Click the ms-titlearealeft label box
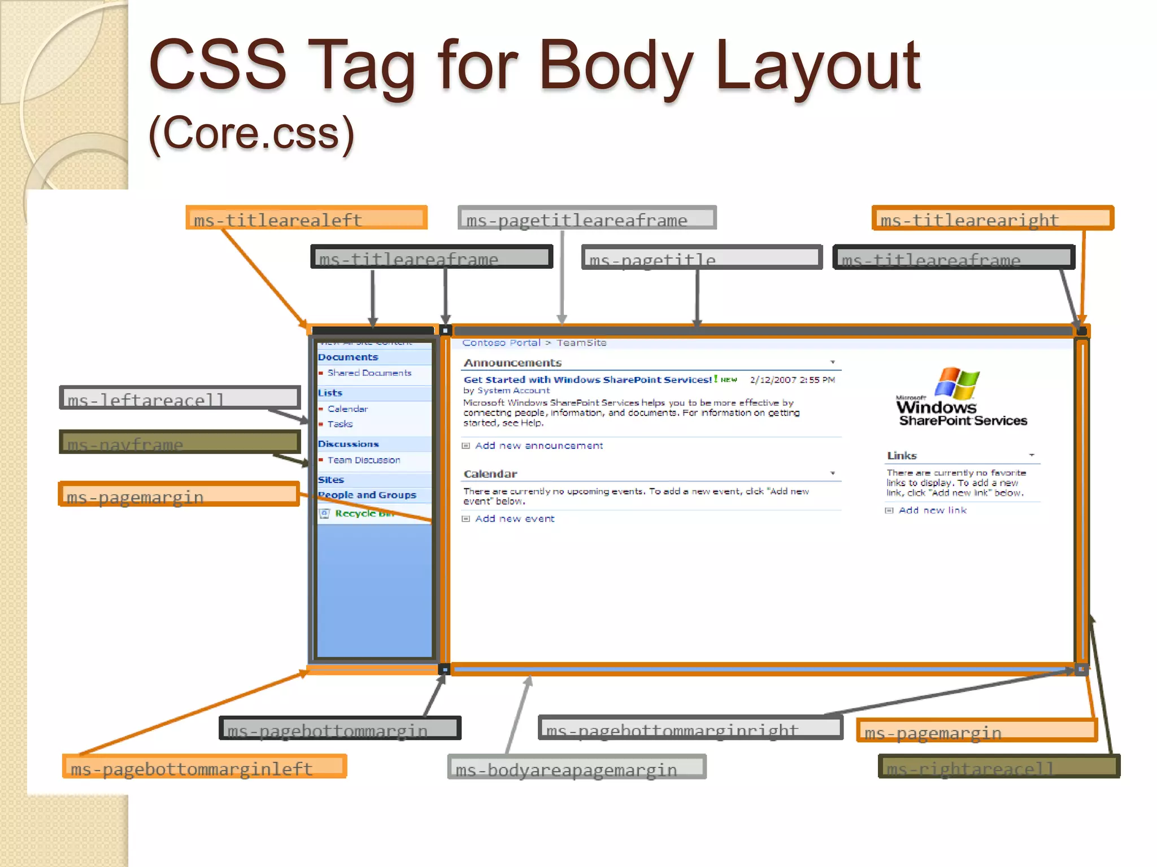point(306,218)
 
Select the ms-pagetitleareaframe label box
point(587,218)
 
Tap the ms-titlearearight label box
point(993,218)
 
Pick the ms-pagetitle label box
point(702,257)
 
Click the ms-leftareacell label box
point(180,398)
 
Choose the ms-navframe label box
point(180,442)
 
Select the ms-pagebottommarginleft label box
point(205,767)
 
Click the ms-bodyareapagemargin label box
point(577,768)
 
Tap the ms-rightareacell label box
point(999,767)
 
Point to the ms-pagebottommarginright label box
point(690,728)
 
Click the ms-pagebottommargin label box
point(340,728)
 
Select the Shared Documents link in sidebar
point(369,373)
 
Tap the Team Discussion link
point(363,461)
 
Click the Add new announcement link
point(538,446)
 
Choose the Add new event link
point(514,519)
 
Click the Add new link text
point(932,510)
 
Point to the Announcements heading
point(512,363)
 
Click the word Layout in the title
point(817,67)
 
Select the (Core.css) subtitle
point(251,134)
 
